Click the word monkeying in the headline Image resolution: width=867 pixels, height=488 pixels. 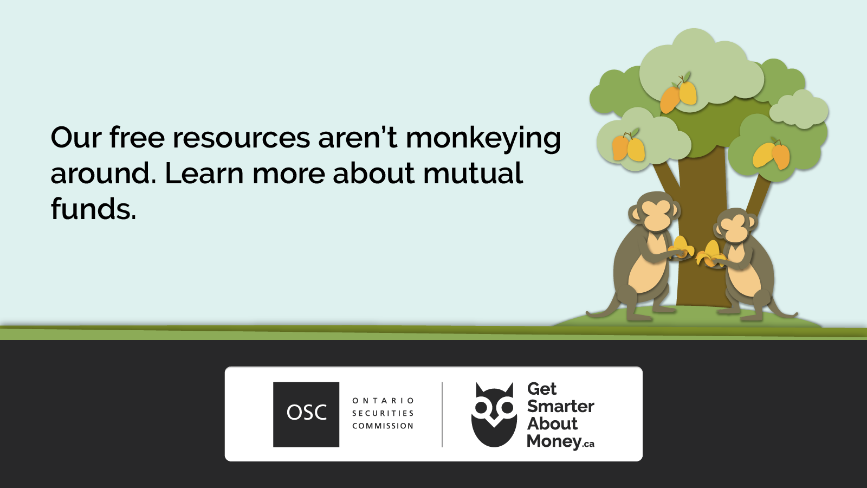point(483,139)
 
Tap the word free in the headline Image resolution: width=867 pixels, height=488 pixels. point(137,137)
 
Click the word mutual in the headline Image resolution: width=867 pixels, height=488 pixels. point(473,173)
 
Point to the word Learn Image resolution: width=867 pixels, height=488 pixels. point(204,173)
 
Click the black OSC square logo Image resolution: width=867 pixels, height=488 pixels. point(306,414)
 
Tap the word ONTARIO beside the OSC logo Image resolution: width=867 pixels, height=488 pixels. point(383,401)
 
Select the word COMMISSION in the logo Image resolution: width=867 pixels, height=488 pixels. point(383,426)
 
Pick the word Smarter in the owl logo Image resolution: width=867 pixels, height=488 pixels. point(560,406)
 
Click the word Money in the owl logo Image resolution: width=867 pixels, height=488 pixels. point(554,441)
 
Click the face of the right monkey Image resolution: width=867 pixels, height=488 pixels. point(735,229)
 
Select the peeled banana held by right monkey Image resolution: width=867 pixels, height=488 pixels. point(710,254)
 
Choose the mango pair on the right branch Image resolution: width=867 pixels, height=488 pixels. point(772,154)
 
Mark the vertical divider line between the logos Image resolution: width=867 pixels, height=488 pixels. point(442,414)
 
